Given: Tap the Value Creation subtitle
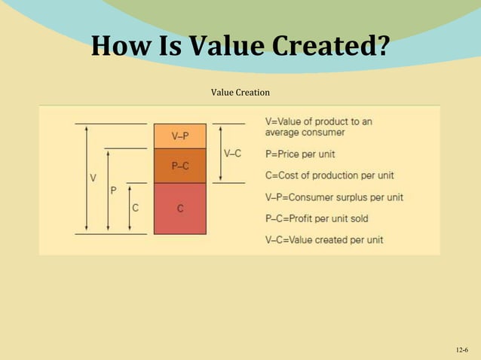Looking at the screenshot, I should click(x=240, y=92).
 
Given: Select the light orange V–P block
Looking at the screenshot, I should click(x=179, y=136).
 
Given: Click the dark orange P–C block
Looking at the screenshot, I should click(x=179, y=166).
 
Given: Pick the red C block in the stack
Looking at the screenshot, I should click(x=179, y=208).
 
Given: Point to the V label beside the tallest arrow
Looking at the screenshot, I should click(x=93, y=178).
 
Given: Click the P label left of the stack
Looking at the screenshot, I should click(x=114, y=191).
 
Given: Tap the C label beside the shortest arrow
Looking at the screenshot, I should click(x=135, y=208).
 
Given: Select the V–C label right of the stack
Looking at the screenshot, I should click(x=233, y=154).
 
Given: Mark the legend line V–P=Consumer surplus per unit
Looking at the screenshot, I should click(x=334, y=197).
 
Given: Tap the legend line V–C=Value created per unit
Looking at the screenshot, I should click(x=324, y=239).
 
